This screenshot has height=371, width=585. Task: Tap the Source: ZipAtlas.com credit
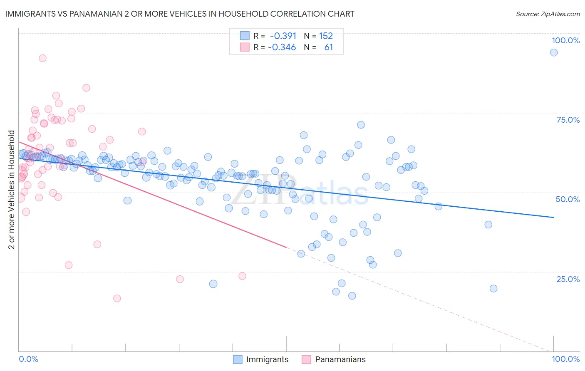click(548, 14)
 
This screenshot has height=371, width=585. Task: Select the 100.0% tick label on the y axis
click(565, 40)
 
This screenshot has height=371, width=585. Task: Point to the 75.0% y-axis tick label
click(568, 120)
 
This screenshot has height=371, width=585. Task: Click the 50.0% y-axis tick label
click(568, 199)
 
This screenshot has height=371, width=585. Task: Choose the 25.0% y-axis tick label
click(568, 279)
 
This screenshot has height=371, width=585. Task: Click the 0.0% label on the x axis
click(28, 359)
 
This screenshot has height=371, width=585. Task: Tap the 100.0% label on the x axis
click(565, 359)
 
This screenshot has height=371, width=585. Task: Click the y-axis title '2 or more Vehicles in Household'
click(12, 190)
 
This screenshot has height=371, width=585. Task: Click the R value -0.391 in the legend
click(283, 36)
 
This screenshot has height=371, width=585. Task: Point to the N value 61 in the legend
click(328, 47)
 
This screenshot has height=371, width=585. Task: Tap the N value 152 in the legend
click(326, 36)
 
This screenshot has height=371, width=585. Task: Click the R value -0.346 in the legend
click(282, 47)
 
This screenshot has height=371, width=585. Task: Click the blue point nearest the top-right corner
click(553, 52)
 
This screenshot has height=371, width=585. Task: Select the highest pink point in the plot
click(42, 58)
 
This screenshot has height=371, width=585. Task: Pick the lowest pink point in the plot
click(117, 298)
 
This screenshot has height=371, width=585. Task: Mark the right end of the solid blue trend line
click(553, 217)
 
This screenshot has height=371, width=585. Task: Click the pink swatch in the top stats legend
click(244, 47)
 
